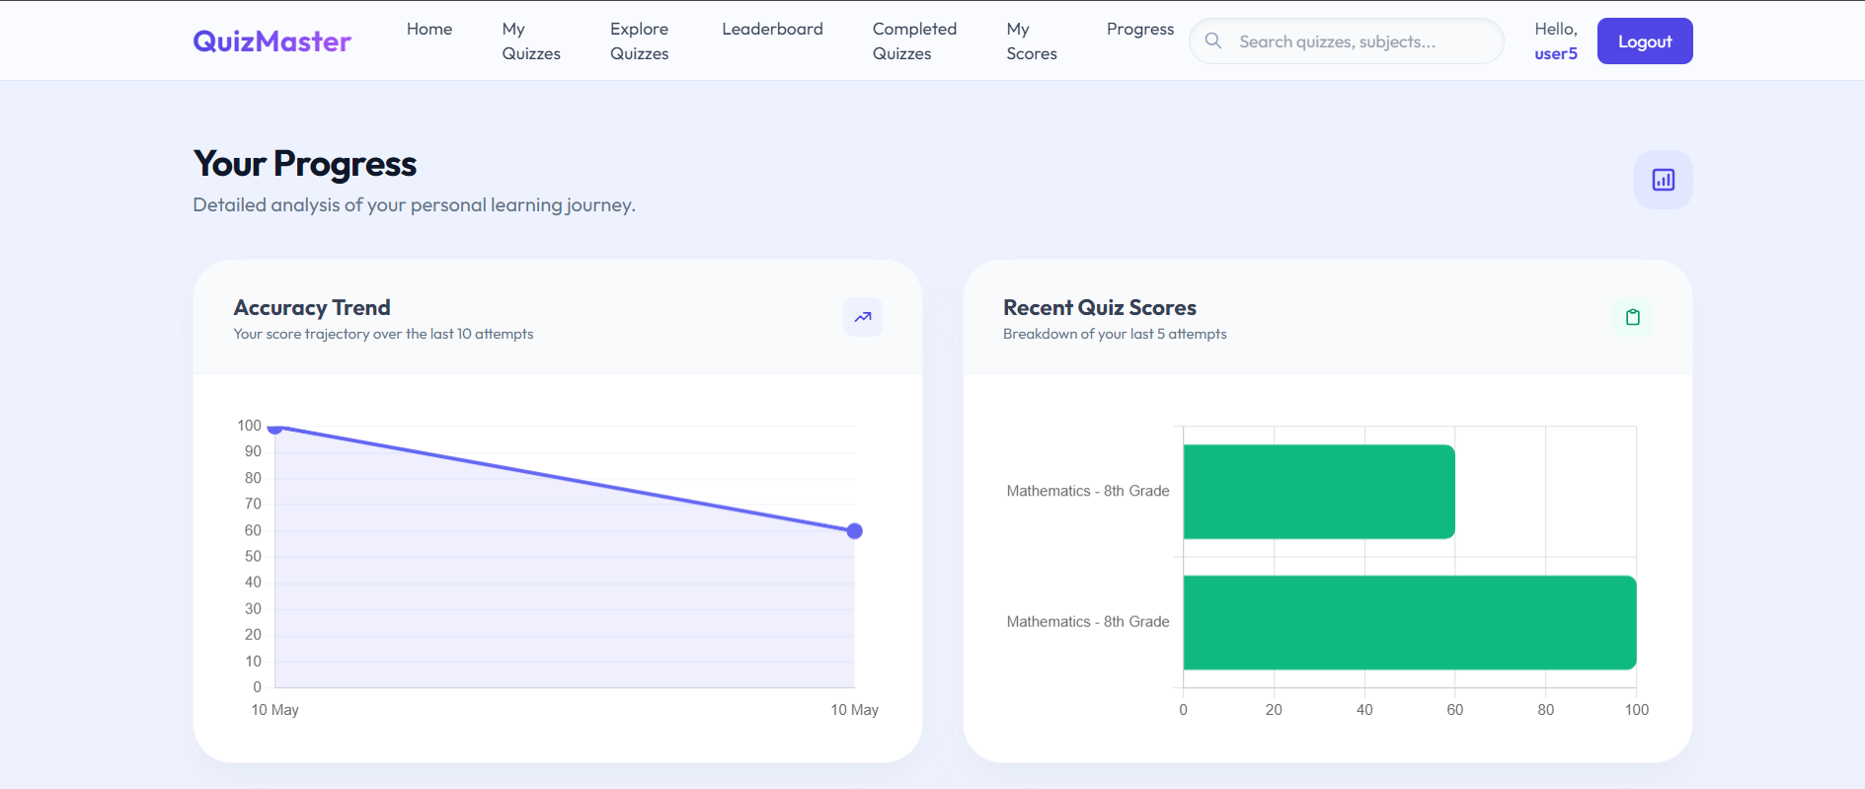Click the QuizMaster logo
tap(272, 41)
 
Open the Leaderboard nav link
tap(772, 30)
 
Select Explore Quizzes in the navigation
tap(639, 41)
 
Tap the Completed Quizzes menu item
tap(914, 41)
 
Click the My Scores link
tap(1032, 41)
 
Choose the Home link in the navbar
tap(429, 30)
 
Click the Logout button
tap(1645, 41)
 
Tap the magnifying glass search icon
tap(1213, 40)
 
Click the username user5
tap(1556, 54)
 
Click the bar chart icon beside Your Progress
tap(1664, 180)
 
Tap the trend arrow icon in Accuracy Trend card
tap(863, 317)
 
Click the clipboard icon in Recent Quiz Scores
tap(1633, 317)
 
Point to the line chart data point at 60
tap(855, 531)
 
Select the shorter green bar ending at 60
tap(1319, 492)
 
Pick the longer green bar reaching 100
tap(1410, 622)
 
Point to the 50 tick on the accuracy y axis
tap(253, 557)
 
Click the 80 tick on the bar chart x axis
tap(1546, 710)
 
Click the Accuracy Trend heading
tap(312, 308)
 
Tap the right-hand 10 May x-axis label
tap(855, 710)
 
